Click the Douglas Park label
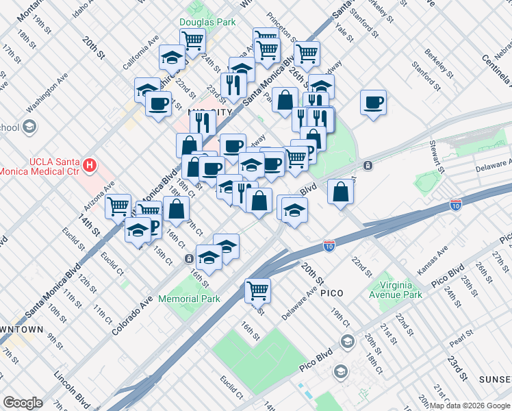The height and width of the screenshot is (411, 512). coord(212,22)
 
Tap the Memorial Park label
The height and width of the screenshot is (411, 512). coord(189,299)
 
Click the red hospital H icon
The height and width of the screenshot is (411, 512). coord(89,165)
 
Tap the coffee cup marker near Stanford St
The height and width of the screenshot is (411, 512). coord(373,103)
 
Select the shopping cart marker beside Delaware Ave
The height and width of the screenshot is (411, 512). coord(257,290)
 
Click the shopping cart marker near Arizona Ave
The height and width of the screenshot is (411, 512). coord(118,205)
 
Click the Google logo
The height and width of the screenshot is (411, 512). coord(23,402)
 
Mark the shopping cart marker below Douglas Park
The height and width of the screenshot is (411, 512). coord(192,40)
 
